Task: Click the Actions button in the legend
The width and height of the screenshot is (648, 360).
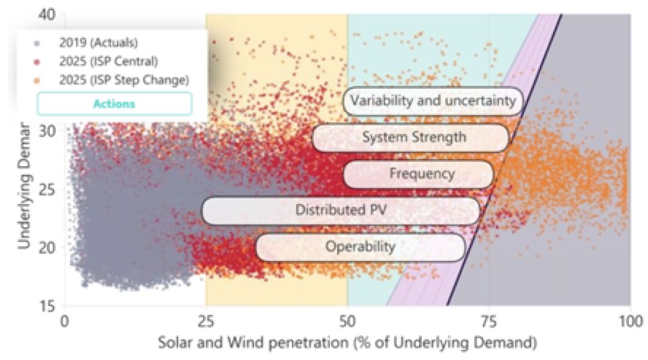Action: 114,104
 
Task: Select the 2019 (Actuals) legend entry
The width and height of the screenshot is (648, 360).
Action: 98,43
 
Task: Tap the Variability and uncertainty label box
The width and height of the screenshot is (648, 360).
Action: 433,101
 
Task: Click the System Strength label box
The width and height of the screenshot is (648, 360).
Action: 413,137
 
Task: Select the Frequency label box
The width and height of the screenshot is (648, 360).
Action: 421,174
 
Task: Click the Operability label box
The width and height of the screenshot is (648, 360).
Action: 360,247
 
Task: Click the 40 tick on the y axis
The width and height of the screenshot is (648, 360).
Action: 47,13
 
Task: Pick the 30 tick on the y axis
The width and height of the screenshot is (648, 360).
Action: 47,130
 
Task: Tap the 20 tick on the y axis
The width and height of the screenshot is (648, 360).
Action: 47,247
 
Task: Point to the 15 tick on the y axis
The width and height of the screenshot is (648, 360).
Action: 47,306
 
